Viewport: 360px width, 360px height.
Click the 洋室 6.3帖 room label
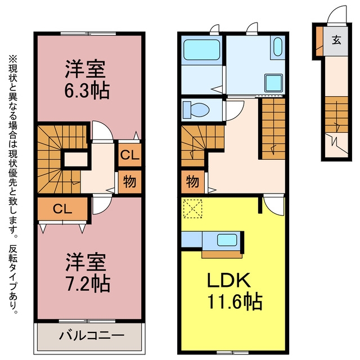(x=87, y=79)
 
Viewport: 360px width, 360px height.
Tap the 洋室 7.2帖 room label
(x=88, y=272)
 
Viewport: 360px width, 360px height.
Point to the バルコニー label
(x=92, y=335)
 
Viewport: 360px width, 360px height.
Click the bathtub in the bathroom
(x=201, y=50)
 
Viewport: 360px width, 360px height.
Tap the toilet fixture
(x=196, y=110)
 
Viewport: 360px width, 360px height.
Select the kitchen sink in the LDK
(x=227, y=240)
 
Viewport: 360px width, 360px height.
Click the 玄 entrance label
(x=336, y=40)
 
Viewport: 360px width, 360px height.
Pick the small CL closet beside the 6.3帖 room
(x=130, y=155)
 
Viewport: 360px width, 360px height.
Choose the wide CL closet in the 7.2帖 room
(x=62, y=209)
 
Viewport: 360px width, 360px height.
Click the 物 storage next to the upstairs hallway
(x=130, y=182)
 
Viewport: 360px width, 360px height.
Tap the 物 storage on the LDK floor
(x=192, y=182)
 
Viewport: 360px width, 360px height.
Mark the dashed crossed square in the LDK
(x=192, y=209)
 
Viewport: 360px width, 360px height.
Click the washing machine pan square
(x=273, y=83)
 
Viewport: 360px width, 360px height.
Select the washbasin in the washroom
(x=278, y=47)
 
